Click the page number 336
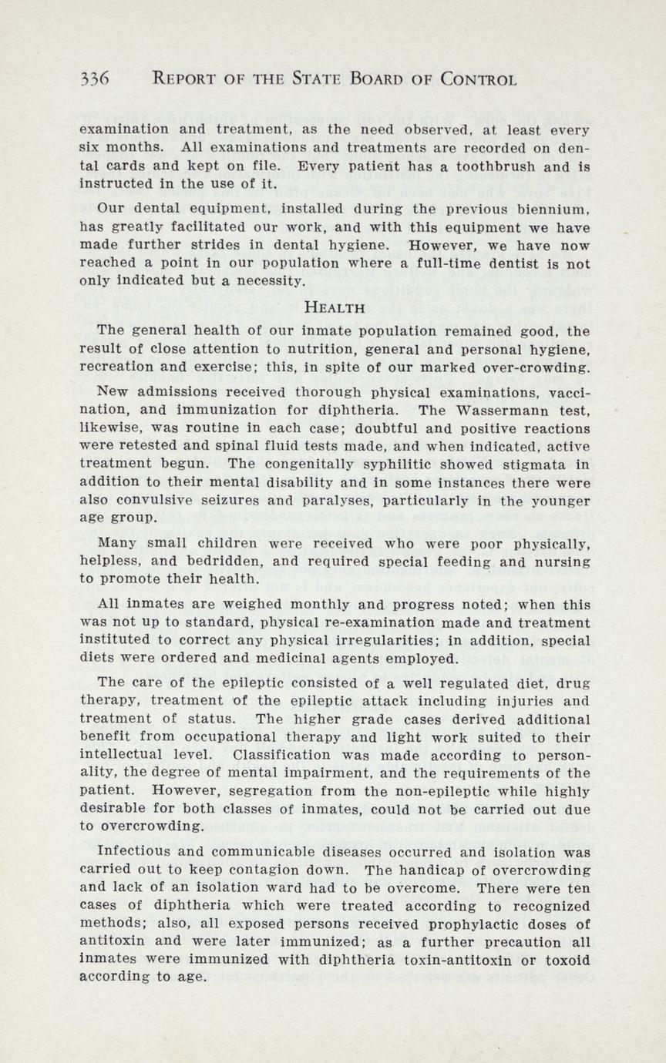(95, 79)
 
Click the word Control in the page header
(478, 79)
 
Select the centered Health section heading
(334, 307)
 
